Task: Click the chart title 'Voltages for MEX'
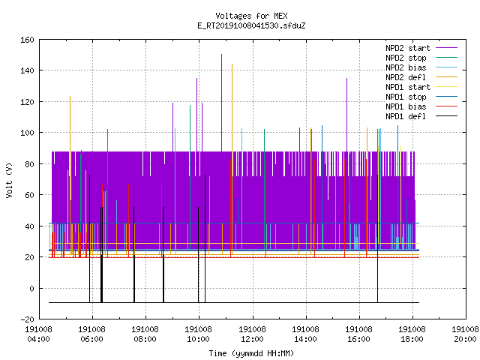(251, 16)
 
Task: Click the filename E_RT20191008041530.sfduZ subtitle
(251, 25)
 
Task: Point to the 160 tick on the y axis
(27, 40)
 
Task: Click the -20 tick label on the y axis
(27, 319)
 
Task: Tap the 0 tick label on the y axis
(31, 289)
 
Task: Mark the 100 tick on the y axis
(27, 133)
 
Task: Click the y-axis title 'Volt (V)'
(9, 180)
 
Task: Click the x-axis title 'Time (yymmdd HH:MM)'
(251, 353)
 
